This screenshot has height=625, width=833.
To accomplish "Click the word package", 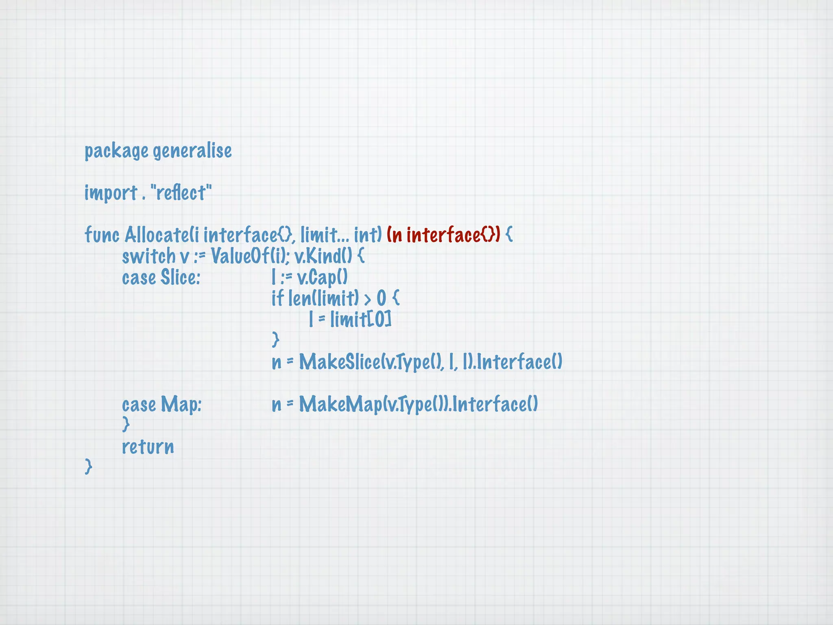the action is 116,151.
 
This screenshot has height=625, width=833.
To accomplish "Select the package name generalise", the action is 192,151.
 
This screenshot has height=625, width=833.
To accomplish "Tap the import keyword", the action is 111,193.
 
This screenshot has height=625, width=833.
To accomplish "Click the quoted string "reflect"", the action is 181,193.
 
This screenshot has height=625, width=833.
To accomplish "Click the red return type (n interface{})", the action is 443,235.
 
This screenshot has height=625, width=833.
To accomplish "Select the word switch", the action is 148,256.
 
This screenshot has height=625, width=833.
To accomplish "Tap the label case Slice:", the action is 161,278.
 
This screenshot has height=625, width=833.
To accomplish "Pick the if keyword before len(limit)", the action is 277,298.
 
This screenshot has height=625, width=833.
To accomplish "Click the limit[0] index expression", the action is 360,319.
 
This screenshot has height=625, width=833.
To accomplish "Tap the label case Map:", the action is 161,404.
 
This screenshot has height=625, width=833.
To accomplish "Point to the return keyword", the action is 148,447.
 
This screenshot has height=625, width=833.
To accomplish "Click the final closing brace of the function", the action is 88,466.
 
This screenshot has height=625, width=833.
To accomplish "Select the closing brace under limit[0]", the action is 275,339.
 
